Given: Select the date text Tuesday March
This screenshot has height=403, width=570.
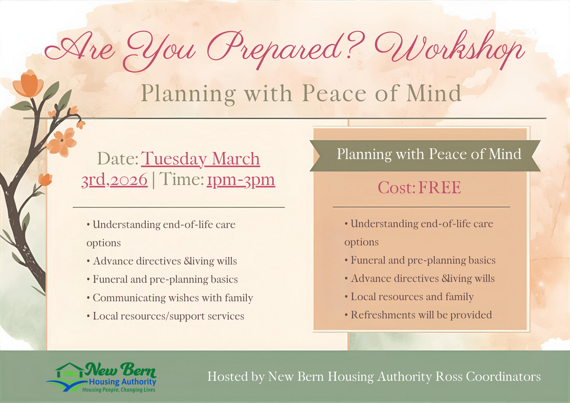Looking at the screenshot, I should click(200, 158).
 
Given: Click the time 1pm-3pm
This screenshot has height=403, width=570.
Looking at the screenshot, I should click(241, 180).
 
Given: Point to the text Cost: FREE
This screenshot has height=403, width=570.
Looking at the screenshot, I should click(419, 188).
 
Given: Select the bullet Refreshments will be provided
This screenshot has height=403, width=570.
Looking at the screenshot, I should click(421, 315).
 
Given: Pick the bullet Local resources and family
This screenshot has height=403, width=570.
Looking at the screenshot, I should click(412, 296).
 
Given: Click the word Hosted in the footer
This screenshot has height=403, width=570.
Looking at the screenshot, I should click(227, 377).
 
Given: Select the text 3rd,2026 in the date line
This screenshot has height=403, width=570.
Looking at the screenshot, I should click(115, 180).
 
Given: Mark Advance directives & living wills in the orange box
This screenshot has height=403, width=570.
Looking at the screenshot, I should click(422, 278).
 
